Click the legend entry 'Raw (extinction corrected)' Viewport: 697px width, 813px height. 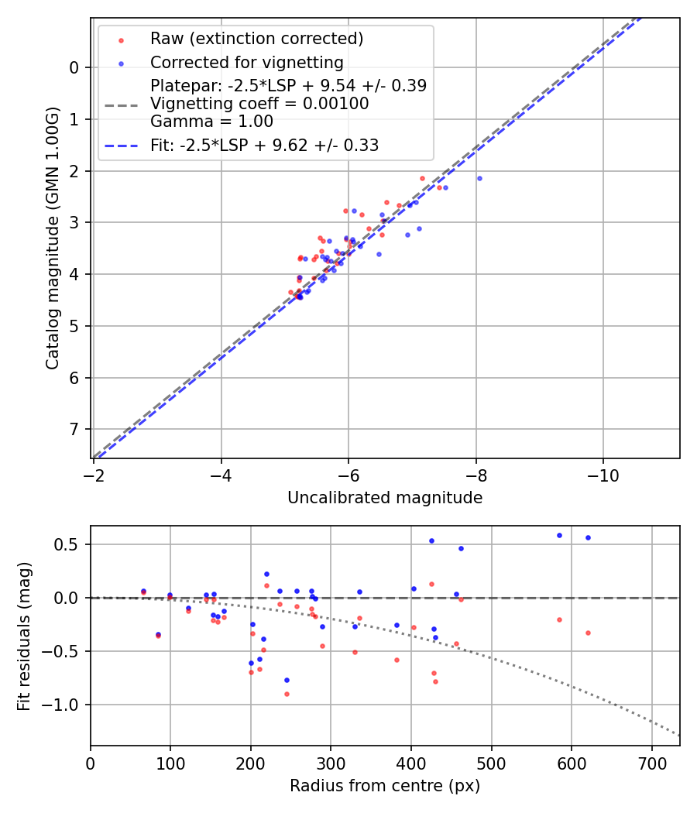(x=256, y=39)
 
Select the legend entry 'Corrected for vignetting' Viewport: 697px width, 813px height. (x=246, y=62)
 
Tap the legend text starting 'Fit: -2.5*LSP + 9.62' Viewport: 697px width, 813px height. (x=264, y=145)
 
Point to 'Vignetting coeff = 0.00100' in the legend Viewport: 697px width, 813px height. (x=259, y=103)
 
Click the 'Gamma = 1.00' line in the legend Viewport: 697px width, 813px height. (x=211, y=121)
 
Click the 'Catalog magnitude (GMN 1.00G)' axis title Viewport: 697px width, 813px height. (x=52, y=238)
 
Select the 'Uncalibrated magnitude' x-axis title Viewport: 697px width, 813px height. (x=385, y=498)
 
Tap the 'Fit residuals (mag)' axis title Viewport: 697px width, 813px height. (x=24, y=636)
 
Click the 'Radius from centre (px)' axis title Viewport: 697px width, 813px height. (x=385, y=786)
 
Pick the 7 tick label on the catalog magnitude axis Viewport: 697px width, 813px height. (x=74, y=430)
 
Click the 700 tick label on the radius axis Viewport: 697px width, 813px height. (x=651, y=763)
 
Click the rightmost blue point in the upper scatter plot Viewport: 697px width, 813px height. (x=479, y=178)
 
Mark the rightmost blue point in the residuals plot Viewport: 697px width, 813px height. (x=588, y=537)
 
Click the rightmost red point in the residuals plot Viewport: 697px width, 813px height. (x=588, y=633)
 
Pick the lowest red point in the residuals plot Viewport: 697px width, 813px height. (x=287, y=694)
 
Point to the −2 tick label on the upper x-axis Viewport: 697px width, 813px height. (x=94, y=475)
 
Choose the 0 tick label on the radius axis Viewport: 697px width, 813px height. (x=91, y=763)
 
